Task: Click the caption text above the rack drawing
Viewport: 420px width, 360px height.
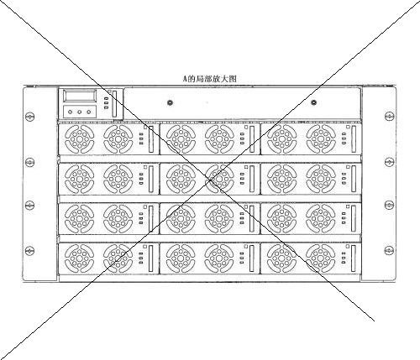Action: (x=210, y=79)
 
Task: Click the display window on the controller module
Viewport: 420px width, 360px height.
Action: (x=80, y=96)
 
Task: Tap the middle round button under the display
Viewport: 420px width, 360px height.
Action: (x=80, y=112)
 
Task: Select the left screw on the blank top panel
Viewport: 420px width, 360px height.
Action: (x=170, y=102)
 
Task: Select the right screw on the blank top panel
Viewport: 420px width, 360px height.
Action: (x=313, y=102)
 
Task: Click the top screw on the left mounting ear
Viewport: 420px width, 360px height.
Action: (x=29, y=117)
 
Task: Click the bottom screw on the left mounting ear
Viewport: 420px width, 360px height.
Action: (x=29, y=251)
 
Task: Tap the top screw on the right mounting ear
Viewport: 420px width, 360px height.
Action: (x=389, y=116)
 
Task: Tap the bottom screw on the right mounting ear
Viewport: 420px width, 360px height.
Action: (x=389, y=251)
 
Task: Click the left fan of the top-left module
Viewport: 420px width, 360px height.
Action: (x=80, y=139)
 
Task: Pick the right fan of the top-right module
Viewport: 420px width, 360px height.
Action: (x=321, y=139)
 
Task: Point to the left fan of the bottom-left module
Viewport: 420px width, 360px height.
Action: (x=80, y=258)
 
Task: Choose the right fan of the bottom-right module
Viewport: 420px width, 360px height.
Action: (x=321, y=258)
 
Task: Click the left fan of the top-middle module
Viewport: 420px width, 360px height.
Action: (x=181, y=139)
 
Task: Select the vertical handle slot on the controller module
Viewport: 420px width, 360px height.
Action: (x=114, y=103)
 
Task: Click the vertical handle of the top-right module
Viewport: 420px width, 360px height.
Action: (x=354, y=139)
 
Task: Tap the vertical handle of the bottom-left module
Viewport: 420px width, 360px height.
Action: (x=151, y=258)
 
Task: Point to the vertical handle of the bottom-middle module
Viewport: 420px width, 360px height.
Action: (x=252, y=258)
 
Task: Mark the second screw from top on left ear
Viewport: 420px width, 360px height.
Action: (x=29, y=162)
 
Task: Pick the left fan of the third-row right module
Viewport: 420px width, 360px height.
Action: (x=282, y=219)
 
